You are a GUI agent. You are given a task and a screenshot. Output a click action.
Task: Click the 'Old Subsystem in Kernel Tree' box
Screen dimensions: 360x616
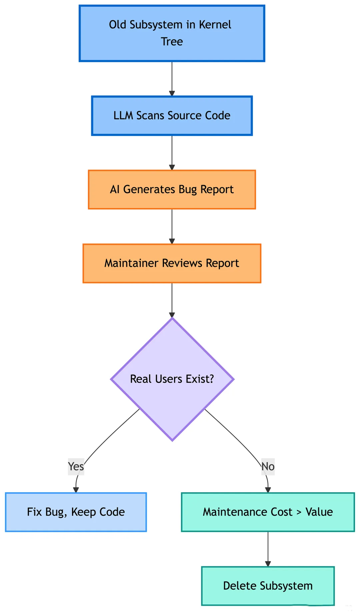point(172,33)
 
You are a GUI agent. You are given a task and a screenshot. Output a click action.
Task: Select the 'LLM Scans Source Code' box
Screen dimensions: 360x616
point(172,116)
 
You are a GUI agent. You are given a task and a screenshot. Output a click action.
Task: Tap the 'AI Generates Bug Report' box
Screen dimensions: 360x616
point(172,189)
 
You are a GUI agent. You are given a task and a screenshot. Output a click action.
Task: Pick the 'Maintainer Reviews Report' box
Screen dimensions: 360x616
point(172,263)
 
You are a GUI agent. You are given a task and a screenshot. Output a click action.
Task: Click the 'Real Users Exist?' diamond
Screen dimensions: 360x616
point(172,379)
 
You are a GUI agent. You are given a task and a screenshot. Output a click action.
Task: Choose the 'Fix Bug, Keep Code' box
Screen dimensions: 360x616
point(76,512)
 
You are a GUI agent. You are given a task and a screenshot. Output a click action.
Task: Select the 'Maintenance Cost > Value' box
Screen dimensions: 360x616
point(268,512)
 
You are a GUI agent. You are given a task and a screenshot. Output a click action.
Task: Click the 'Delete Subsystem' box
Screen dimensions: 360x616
point(268,586)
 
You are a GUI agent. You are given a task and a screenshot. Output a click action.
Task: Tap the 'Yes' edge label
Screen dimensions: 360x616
point(76,466)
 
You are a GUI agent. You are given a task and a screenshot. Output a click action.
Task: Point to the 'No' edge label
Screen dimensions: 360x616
point(268,466)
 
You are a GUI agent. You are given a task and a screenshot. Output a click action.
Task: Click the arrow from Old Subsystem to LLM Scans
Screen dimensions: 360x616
point(172,79)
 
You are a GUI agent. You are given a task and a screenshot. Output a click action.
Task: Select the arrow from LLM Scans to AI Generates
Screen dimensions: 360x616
point(172,153)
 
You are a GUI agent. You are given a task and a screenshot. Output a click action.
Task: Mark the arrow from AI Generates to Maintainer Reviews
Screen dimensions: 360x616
point(172,226)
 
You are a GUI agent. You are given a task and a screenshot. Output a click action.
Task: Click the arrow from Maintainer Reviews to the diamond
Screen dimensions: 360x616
point(172,300)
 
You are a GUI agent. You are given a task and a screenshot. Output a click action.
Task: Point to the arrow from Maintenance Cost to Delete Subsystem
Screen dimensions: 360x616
point(268,549)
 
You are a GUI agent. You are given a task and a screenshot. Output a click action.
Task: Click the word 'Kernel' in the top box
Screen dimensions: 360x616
point(215,25)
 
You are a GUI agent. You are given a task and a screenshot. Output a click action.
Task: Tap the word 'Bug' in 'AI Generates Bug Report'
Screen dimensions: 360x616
point(188,189)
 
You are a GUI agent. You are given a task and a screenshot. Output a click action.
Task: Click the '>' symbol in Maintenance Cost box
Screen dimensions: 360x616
point(299,512)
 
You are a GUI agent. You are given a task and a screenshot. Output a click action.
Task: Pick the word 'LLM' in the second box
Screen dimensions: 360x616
point(124,116)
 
